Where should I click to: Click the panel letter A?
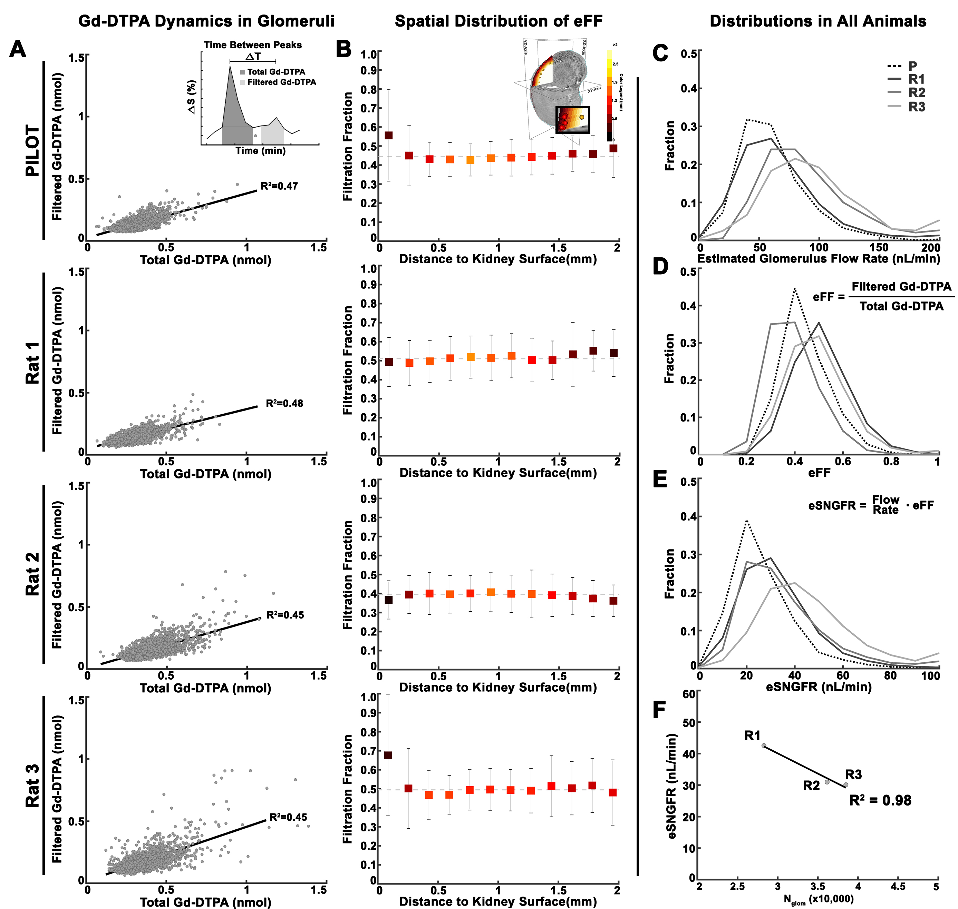(x=18, y=49)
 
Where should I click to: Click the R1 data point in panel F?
(x=764, y=746)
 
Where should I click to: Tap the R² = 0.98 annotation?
(x=880, y=800)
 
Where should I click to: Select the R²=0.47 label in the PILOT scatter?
(x=279, y=186)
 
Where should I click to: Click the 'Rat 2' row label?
(x=32, y=574)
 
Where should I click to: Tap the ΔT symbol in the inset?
(x=253, y=56)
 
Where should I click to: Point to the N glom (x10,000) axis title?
(x=819, y=899)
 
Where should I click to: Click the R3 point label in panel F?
(x=853, y=774)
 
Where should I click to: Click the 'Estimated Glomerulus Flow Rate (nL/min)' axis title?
(x=819, y=259)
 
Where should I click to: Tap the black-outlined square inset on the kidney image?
(x=573, y=120)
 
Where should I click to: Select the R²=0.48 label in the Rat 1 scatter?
(x=284, y=404)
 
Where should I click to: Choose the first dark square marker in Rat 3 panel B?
(x=388, y=755)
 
